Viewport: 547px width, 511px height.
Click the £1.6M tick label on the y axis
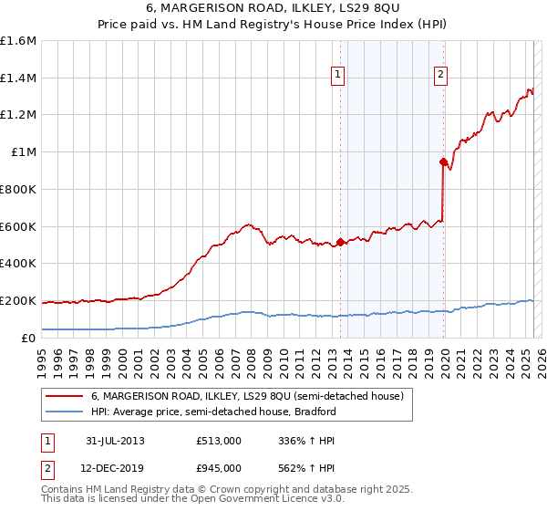[17, 41]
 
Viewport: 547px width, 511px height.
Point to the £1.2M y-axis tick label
[17, 115]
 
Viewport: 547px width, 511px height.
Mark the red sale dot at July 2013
[340, 242]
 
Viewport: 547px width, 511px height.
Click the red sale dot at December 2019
[443, 162]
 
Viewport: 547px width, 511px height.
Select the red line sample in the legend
[65, 397]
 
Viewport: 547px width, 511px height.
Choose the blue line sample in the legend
[65, 412]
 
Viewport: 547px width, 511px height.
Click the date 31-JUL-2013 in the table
[115, 441]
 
